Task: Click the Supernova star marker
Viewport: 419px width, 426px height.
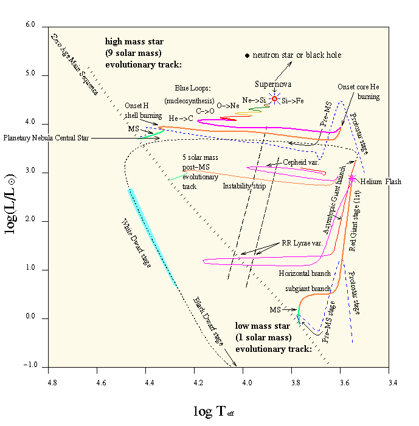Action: coord(274,98)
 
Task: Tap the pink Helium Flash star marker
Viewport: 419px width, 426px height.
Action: coord(351,177)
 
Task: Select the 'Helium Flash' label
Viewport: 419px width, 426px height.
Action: coord(380,182)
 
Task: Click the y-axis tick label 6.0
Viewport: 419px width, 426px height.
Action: coord(30,26)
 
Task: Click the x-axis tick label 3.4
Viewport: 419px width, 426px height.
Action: coord(393,383)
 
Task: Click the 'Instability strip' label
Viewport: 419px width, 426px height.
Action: coord(244,186)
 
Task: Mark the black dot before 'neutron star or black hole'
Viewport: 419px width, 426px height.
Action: coord(248,55)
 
